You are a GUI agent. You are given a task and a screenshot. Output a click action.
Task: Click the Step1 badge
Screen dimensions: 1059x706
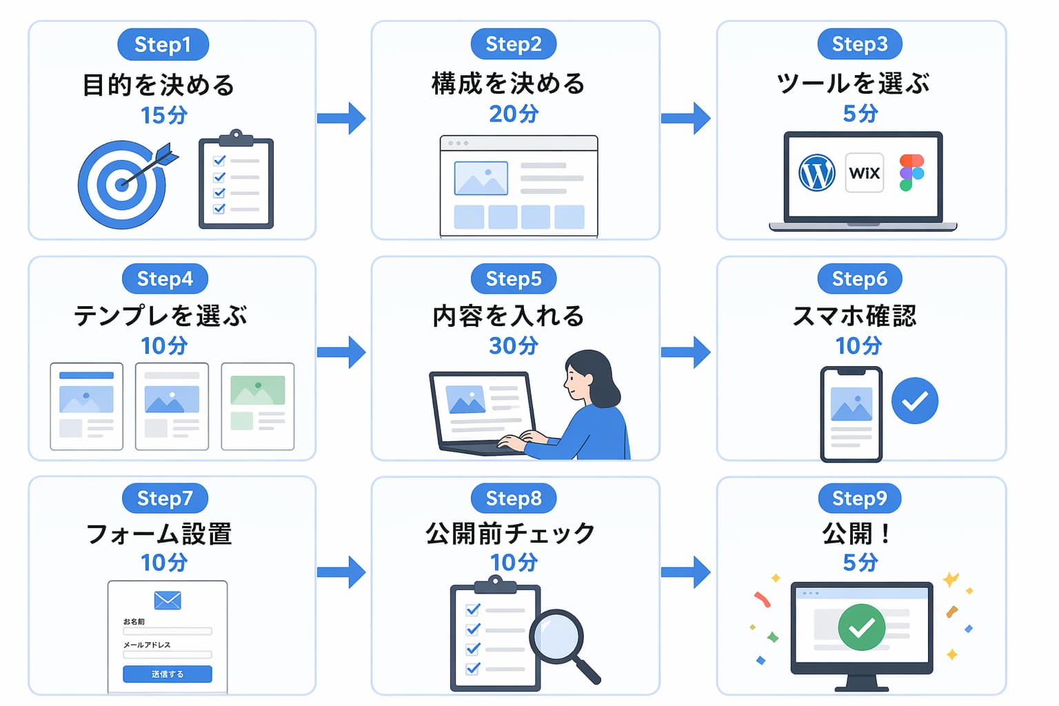pyautogui.click(x=163, y=44)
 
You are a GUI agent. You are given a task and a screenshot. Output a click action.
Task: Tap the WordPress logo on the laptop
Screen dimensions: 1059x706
pyautogui.click(x=816, y=172)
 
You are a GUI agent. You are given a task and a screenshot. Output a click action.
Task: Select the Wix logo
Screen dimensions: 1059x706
pyautogui.click(x=864, y=172)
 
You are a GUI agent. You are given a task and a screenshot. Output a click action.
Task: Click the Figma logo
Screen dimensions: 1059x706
pyautogui.click(x=911, y=172)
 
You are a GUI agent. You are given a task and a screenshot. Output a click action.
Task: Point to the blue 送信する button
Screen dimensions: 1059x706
pyautogui.click(x=168, y=674)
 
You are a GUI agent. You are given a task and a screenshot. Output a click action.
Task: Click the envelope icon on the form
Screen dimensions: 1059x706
pyautogui.click(x=168, y=601)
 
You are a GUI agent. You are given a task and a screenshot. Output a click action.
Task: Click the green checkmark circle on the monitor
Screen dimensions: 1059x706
pyautogui.click(x=861, y=627)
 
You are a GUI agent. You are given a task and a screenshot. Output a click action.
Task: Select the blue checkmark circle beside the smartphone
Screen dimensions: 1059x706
pyautogui.click(x=915, y=401)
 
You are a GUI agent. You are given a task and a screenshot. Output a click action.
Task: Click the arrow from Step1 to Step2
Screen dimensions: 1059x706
pyautogui.click(x=341, y=118)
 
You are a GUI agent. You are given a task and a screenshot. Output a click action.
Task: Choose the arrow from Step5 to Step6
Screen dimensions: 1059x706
pyautogui.click(x=685, y=352)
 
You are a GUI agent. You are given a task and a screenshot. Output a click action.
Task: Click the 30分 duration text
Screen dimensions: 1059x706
pyautogui.click(x=514, y=345)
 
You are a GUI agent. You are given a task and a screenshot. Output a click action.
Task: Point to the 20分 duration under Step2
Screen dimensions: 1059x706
pyautogui.click(x=514, y=114)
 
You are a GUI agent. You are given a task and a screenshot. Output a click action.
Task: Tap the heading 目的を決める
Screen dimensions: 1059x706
pyautogui.click(x=159, y=85)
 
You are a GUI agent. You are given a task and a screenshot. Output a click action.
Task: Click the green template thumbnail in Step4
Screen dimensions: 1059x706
pyautogui.click(x=258, y=406)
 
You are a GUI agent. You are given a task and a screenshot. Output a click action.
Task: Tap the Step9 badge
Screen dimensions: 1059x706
pyautogui.click(x=860, y=498)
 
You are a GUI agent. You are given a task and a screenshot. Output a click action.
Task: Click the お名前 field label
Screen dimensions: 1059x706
pyautogui.click(x=134, y=621)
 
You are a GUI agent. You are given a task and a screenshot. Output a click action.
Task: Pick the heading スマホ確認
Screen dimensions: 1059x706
pyautogui.click(x=854, y=316)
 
